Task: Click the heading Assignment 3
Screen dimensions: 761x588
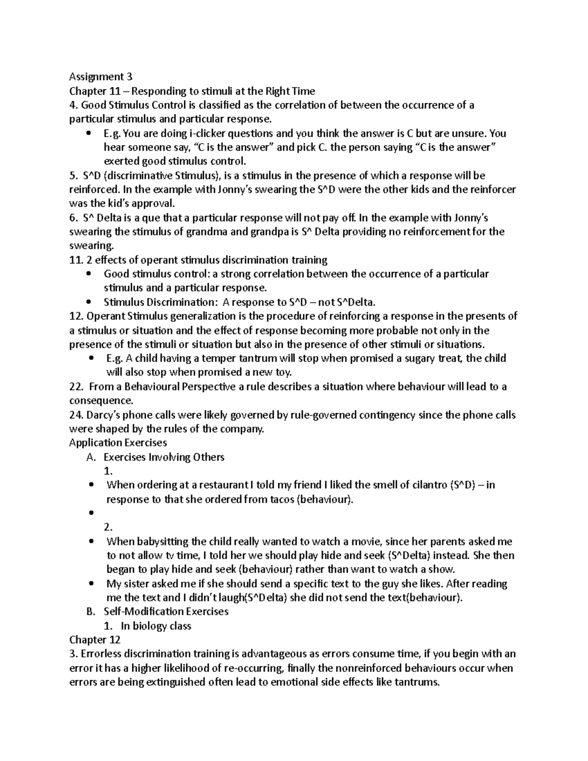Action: (100, 76)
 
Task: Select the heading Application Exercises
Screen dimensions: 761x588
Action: (118, 443)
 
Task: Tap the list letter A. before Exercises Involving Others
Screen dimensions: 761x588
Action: (91, 457)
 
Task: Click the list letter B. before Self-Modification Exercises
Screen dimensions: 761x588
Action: (91, 612)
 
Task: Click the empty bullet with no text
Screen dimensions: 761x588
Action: (91, 513)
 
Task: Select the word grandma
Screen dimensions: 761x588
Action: (208, 232)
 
